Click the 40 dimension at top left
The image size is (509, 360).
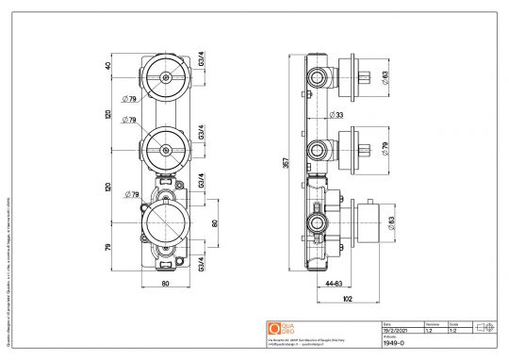click(109, 67)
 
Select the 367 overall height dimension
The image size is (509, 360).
click(287, 162)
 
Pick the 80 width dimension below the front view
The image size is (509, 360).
click(165, 282)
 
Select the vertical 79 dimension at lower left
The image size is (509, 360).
click(109, 247)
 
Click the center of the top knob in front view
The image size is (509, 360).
click(166, 74)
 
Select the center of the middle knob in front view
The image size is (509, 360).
click(166, 149)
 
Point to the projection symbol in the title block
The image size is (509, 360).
click(486, 327)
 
